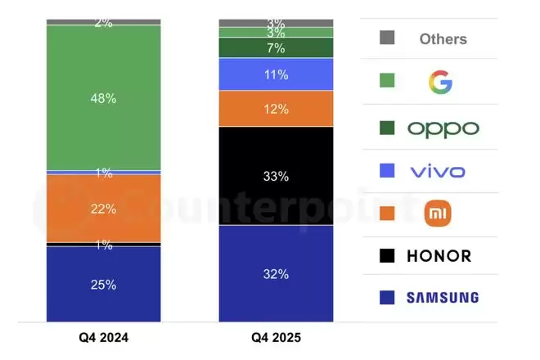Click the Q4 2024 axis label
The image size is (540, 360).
point(104,337)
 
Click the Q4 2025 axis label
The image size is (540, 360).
point(276,337)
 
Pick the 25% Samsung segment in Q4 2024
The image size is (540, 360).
point(104,284)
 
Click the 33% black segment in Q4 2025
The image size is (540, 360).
point(276,175)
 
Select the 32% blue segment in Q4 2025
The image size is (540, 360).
point(276,274)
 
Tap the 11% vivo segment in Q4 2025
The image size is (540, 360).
point(276,74)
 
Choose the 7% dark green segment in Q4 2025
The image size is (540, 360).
point(276,48)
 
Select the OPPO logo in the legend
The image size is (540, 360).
point(443,128)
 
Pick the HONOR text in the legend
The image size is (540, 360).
point(439,256)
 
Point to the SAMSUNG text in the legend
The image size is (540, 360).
point(443,297)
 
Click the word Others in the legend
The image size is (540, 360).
point(443,38)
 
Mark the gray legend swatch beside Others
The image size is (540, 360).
point(388,38)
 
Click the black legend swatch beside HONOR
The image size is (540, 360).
point(388,256)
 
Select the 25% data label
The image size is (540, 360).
point(104,285)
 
